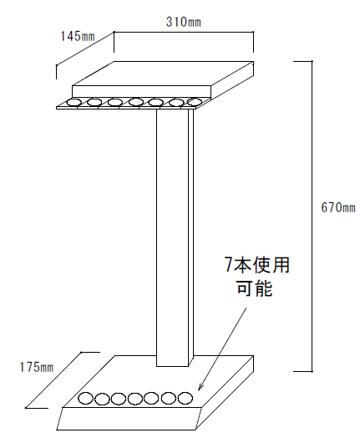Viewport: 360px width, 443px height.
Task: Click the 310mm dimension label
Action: tap(184, 22)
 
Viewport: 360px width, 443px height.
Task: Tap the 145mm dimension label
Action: tap(78, 36)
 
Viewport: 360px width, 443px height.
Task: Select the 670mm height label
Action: tap(338, 207)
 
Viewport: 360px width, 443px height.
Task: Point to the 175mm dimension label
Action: tap(37, 367)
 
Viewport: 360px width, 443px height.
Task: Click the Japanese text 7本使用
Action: tap(257, 265)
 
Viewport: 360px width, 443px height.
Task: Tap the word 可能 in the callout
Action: tap(255, 288)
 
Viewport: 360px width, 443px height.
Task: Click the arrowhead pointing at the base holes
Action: tap(200, 387)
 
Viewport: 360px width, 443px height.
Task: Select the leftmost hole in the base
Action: tap(85, 399)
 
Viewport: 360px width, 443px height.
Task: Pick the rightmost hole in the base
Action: tap(185, 398)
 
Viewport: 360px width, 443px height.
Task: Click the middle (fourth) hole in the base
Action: tap(135, 399)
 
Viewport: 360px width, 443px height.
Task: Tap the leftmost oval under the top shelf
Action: tap(74, 102)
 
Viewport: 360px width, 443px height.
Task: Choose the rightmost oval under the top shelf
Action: tap(195, 101)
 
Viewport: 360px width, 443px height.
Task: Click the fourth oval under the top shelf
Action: tap(136, 102)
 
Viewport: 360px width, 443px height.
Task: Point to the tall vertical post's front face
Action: tap(172, 237)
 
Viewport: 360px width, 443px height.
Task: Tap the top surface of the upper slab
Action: tap(162, 74)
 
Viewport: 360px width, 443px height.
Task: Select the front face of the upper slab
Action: tap(141, 92)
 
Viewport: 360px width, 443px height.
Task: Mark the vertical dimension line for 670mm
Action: tap(312, 216)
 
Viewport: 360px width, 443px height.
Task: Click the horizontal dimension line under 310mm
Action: tap(184, 32)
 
